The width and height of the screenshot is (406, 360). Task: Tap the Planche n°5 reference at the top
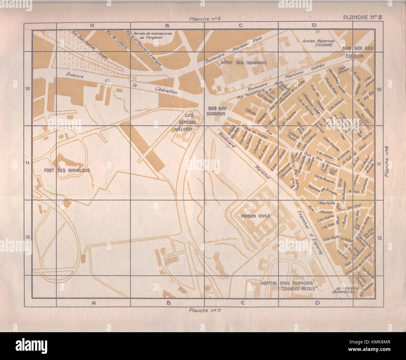[205, 19]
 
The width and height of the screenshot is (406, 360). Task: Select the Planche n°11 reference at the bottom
[205, 310]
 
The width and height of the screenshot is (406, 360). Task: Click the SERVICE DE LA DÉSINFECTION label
[343, 290]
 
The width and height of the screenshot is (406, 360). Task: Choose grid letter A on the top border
[92, 26]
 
